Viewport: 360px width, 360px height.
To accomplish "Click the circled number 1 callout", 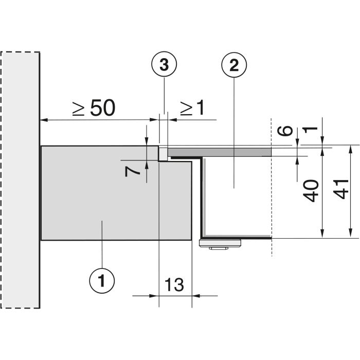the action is click(102, 281).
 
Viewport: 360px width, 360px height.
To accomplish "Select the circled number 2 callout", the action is click(234, 65).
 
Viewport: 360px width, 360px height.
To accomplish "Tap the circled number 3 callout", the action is click(164, 64).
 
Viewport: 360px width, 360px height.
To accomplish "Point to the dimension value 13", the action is click(174, 285).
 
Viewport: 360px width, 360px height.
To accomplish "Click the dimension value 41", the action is click(341, 189).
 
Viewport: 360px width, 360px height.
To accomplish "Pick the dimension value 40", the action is click(311, 191).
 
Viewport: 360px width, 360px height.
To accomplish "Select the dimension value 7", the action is click(132, 171).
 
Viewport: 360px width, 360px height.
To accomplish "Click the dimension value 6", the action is click(285, 131).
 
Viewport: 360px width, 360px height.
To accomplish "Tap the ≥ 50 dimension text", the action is click(94, 108).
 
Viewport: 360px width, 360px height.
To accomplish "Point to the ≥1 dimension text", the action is click(192, 108).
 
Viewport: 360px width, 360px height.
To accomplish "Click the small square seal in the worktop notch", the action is click(163, 154).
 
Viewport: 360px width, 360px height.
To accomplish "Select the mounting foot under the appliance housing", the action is click(220, 243).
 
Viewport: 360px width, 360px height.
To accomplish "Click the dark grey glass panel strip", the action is click(220, 152).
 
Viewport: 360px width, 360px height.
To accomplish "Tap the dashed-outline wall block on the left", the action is click(20, 180).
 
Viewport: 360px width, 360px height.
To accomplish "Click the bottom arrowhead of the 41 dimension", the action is click(350, 233).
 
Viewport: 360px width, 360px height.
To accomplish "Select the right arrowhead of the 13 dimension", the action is click(196, 296).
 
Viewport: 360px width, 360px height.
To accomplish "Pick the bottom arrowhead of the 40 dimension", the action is click(322, 233).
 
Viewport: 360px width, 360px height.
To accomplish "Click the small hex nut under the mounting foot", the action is click(219, 248).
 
